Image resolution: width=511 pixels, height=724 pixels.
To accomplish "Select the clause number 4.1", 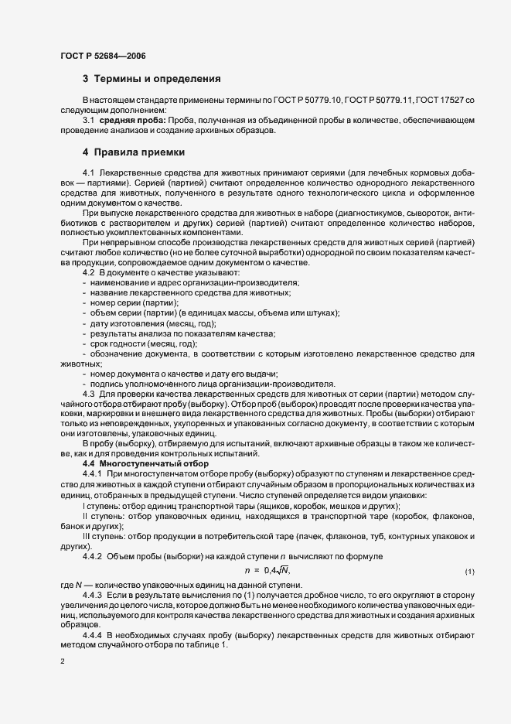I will pos(88,171).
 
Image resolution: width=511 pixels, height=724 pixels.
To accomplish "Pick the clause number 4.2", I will pos(88,273).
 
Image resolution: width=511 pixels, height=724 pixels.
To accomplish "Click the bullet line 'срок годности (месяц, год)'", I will pos(144,343).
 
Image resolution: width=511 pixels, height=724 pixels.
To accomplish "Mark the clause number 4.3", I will pos(88,394).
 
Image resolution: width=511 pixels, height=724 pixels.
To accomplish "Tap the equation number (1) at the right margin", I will pos(468,571).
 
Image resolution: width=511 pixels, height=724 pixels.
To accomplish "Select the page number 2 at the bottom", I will pos(63,664).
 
